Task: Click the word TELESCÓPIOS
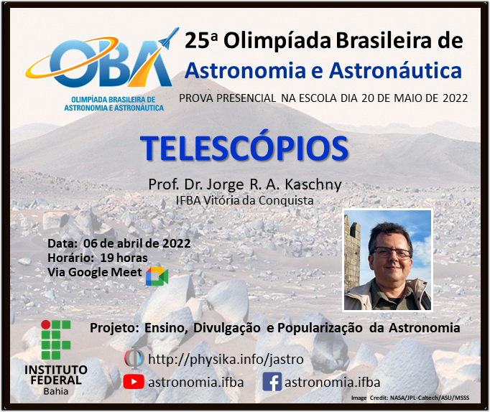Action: [x=244, y=148]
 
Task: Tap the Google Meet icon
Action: [x=157, y=276]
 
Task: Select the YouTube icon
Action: [x=134, y=382]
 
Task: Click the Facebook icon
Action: [x=272, y=381]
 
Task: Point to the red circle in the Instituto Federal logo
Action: [x=46, y=324]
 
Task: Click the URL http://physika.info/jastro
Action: [x=226, y=360]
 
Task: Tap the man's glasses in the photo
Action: [x=392, y=253]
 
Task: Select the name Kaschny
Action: [x=313, y=184]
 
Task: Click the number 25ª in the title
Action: [x=201, y=41]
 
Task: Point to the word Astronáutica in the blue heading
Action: [x=396, y=70]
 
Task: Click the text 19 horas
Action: [x=124, y=258]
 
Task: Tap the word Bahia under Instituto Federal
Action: [x=56, y=391]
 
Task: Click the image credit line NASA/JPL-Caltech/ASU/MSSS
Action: [x=430, y=398]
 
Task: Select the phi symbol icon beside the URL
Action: [x=134, y=358]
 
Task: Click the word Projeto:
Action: [x=114, y=328]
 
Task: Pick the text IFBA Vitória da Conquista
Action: [x=245, y=200]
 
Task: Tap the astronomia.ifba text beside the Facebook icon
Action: [x=332, y=382]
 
